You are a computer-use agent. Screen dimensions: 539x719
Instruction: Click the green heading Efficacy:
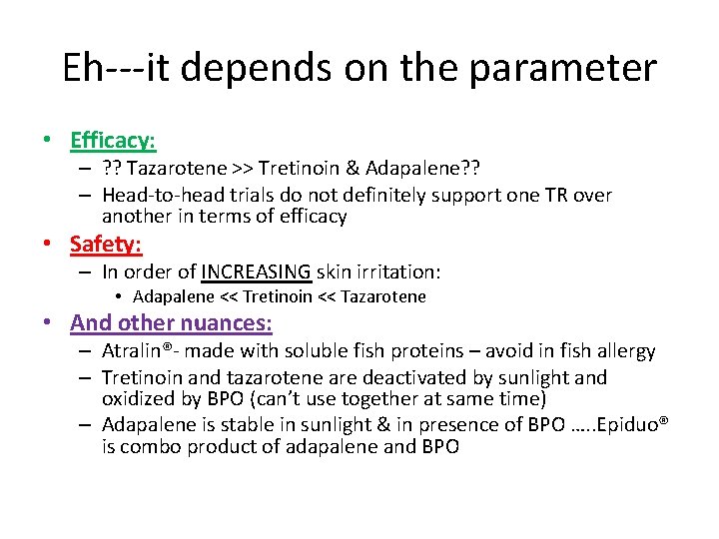coord(113,141)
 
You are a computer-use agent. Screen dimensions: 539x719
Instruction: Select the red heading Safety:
coord(106,244)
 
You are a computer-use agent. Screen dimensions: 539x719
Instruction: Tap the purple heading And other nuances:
coord(171,322)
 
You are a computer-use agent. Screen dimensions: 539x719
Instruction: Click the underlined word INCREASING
coord(257,271)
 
